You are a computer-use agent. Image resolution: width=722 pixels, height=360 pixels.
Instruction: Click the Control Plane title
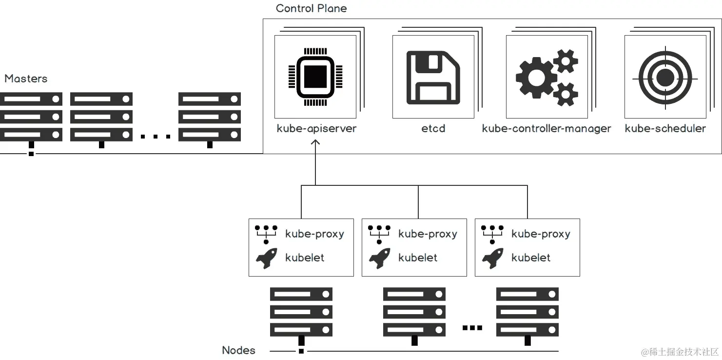click(x=311, y=8)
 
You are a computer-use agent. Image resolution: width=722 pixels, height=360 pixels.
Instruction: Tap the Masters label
click(x=26, y=79)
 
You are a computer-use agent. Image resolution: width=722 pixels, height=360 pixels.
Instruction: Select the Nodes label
click(x=238, y=350)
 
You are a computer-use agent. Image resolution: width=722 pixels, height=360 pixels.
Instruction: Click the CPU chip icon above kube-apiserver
click(x=315, y=77)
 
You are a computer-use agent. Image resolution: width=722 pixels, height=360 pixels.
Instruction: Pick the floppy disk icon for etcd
click(x=433, y=78)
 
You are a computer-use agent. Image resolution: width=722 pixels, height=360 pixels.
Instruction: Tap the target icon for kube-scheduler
click(x=664, y=78)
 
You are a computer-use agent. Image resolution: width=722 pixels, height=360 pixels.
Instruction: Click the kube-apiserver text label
click(x=316, y=129)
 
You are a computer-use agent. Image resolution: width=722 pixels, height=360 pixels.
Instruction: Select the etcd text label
click(x=433, y=129)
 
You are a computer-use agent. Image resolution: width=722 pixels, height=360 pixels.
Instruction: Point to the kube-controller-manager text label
click(x=546, y=129)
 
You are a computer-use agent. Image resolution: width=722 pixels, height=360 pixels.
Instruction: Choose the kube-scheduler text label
click(x=665, y=129)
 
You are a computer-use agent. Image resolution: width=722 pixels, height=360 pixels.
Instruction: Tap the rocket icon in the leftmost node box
click(x=267, y=258)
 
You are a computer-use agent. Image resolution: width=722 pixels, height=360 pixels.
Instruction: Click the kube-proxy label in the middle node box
click(x=428, y=234)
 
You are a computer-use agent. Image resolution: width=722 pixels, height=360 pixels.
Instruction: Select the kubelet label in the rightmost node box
click(x=531, y=258)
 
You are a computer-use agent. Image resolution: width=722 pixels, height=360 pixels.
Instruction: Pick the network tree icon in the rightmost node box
click(x=492, y=234)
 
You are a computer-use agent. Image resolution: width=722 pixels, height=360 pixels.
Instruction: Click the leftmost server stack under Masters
click(x=31, y=118)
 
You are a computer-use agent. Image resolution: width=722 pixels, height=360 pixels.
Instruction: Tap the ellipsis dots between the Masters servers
click(x=156, y=137)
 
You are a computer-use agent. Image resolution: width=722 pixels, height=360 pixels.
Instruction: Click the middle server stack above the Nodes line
click(x=414, y=313)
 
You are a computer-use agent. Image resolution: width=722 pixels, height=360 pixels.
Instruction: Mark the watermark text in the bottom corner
click(x=680, y=352)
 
